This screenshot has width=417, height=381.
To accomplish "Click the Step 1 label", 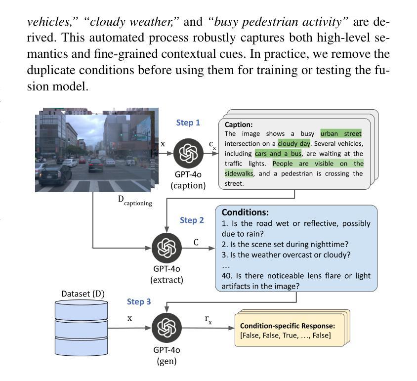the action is click(188, 123).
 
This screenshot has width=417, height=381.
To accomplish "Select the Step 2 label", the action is click(192, 220).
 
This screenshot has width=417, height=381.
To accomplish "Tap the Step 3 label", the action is click(139, 302).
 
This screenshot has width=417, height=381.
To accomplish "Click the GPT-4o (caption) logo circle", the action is click(188, 153).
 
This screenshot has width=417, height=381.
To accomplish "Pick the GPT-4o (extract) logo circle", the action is click(167, 248).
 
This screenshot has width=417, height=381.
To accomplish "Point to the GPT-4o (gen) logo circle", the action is click(167, 328).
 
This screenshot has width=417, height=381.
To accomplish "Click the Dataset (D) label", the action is click(83, 294).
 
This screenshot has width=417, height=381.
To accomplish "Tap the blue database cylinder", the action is click(82, 328).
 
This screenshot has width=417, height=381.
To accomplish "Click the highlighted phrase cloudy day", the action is click(294, 144).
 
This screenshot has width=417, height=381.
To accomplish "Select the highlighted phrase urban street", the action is click(341, 133).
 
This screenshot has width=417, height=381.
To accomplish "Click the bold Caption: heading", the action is click(239, 125).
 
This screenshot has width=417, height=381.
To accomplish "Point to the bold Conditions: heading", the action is click(245, 212).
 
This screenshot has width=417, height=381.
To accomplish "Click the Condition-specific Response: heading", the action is click(288, 326).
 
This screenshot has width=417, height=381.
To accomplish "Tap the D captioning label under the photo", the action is click(135, 201).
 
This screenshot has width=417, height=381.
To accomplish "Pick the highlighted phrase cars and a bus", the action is click(278, 154).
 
